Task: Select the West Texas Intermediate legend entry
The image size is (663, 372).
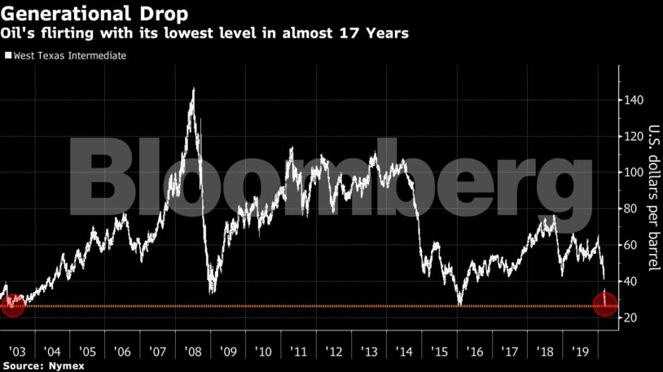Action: pos(66,56)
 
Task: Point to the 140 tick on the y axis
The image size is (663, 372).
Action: pos(634,100)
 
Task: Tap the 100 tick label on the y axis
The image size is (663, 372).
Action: pos(634,173)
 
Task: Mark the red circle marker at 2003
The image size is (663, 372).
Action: pos(13,305)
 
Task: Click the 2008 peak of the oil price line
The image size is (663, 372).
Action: pos(193,89)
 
